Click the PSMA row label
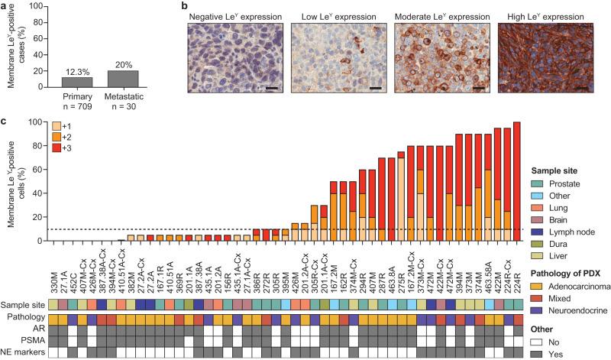(x=32, y=339)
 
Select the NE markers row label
(x=24, y=352)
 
